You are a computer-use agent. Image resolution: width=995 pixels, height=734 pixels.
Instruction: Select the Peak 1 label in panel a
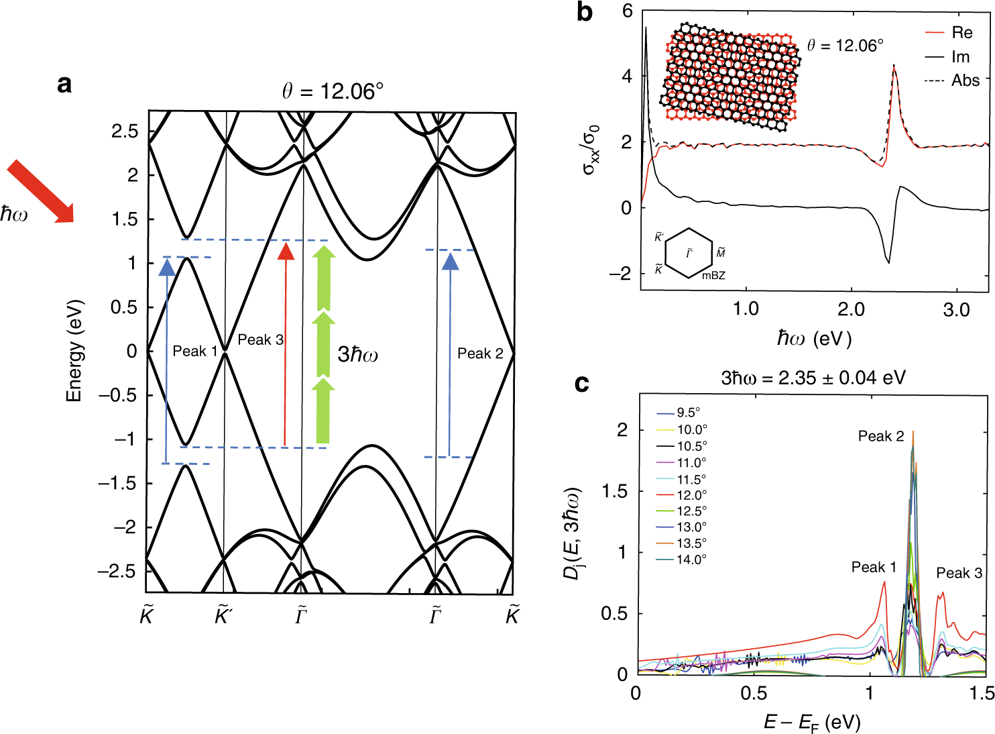pos(194,351)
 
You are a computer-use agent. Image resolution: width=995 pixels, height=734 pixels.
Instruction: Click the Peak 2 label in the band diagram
pos(480,354)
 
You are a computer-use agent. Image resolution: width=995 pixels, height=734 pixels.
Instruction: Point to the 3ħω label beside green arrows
pos(357,354)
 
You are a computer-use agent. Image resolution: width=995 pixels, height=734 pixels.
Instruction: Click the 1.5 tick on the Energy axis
pos(124,219)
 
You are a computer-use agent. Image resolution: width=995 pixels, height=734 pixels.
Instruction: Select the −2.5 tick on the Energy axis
pos(117,572)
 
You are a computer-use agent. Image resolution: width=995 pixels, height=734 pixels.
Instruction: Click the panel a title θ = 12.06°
pos(333,91)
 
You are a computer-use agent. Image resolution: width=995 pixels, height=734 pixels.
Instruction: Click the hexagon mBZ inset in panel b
pos(689,254)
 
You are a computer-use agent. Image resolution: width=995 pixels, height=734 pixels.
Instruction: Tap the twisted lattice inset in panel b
pos(731,76)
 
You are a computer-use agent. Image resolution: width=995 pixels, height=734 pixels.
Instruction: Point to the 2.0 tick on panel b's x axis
pos(851,309)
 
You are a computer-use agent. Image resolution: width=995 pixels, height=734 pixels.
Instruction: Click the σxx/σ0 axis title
pos(591,150)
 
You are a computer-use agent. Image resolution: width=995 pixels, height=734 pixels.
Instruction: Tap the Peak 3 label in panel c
pos(959,573)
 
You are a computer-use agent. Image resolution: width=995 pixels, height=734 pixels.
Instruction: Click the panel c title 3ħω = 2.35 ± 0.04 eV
pos(813,378)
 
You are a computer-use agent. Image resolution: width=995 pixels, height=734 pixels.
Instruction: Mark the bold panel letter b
pos(585,13)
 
